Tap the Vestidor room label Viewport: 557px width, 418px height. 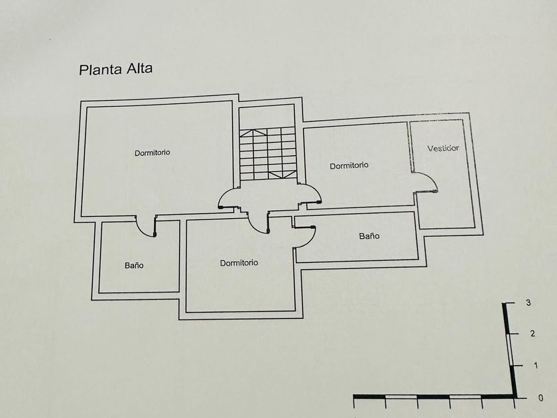(443, 148)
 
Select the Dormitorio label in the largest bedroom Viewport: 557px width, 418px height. (152, 153)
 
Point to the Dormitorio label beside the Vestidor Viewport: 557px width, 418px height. (349, 165)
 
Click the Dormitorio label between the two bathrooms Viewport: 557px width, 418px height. (239, 263)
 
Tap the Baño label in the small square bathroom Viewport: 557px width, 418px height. (134, 265)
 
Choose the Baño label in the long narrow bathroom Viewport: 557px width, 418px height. (369, 236)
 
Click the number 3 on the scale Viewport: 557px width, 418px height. (528, 303)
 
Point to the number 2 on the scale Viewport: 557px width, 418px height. (532, 333)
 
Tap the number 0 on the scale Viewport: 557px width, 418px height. (540, 398)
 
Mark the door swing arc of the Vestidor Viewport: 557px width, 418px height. (426, 180)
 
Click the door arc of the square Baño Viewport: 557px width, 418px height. (145, 226)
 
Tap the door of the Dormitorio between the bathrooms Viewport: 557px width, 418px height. (257, 223)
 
